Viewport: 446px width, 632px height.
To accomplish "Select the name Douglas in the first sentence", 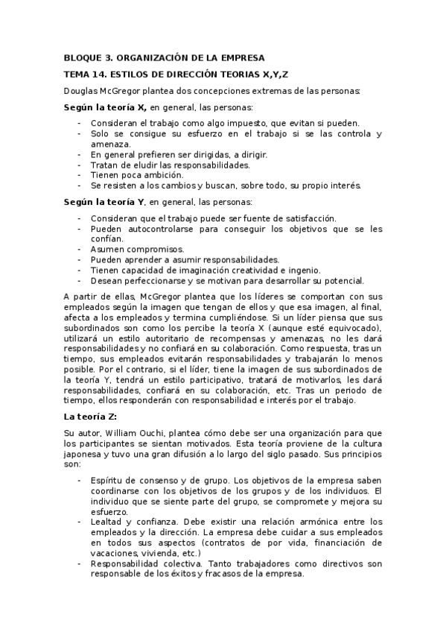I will [x=82, y=92].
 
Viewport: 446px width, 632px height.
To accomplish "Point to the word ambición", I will [x=156, y=175].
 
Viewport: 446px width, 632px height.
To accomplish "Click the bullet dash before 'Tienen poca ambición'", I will [x=80, y=175].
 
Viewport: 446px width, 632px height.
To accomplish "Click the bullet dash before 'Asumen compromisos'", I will [x=80, y=250].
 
